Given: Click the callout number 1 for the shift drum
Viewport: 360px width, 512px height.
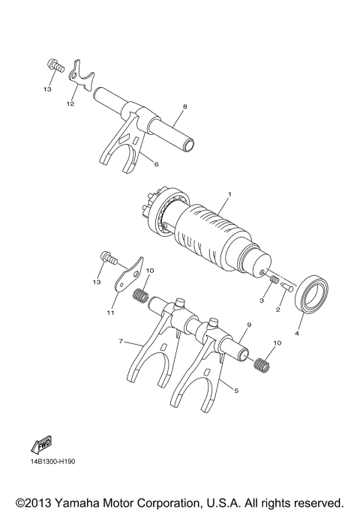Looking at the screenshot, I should click(x=229, y=194).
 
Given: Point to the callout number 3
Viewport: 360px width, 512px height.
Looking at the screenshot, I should click(x=262, y=300).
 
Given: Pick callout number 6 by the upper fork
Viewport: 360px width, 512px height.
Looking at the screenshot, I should click(x=156, y=164).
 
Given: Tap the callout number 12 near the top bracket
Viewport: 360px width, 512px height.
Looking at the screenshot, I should click(x=70, y=104).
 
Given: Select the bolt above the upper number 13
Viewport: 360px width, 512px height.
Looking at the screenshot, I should click(x=53, y=65).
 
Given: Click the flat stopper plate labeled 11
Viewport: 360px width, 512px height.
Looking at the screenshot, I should click(x=127, y=274).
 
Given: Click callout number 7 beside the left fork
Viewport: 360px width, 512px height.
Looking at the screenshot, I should click(x=120, y=341).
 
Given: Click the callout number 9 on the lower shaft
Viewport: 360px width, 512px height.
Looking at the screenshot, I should click(x=248, y=325).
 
